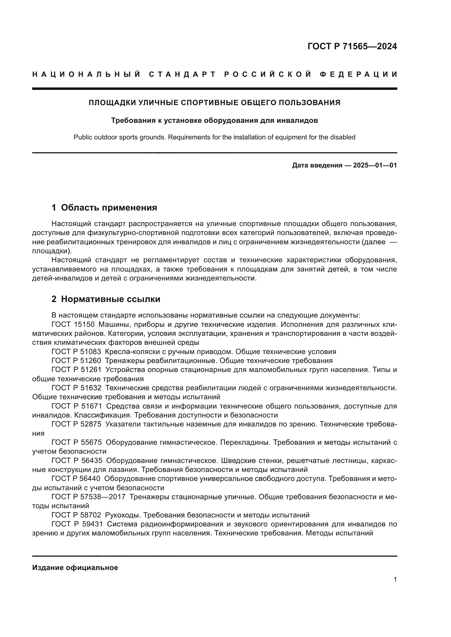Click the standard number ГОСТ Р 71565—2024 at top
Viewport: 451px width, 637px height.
[x=352, y=46]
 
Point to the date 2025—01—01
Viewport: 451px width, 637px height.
[x=375, y=166]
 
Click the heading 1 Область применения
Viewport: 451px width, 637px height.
[x=104, y=207]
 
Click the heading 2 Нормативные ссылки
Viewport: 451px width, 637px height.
[x=106, y=299]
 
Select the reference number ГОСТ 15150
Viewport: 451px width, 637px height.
[x=73, y=324]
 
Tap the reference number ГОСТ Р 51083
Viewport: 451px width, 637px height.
[x=76, y=352]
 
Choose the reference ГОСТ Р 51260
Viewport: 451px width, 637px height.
[x=76, y=361]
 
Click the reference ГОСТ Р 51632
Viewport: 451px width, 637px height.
[x=76, y=388]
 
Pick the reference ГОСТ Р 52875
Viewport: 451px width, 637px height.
[x=76, y=424]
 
